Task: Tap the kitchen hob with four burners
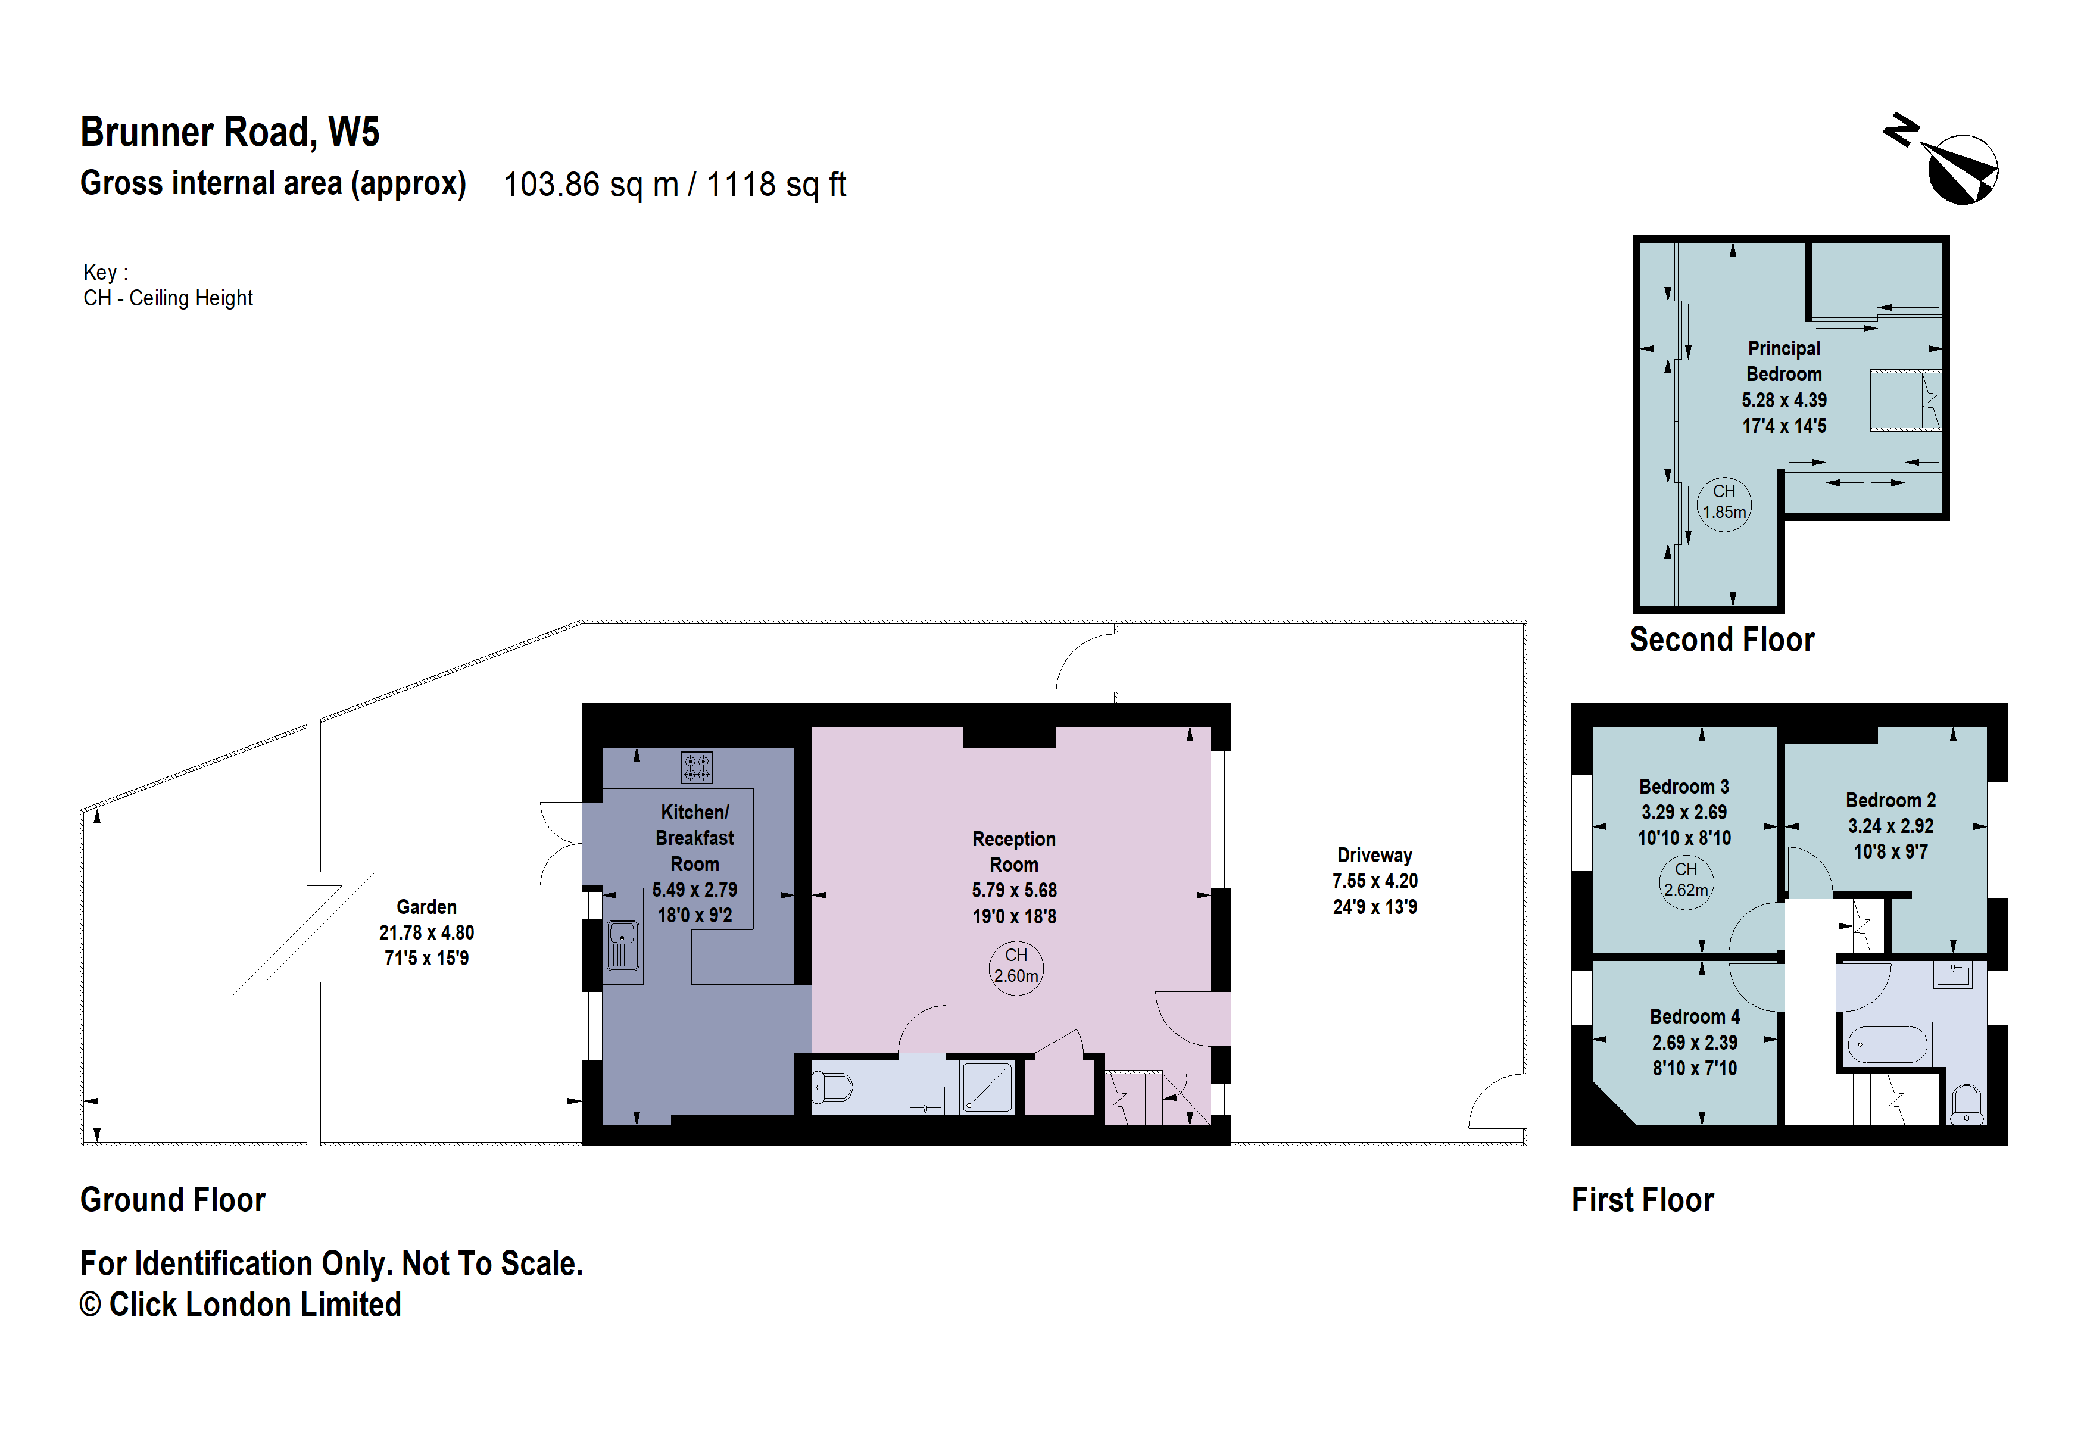pos(697,767)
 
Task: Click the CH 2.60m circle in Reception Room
pos(1015,966)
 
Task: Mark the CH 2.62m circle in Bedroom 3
pos(1685,881)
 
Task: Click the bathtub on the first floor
pos(1886,1044)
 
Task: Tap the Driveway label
pos(1374,855)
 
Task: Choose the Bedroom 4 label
pos(1694,1016)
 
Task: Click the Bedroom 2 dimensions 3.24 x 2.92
pos(1890,826)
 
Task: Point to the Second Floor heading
pos(1722,640)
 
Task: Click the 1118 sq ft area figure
pos(776,185)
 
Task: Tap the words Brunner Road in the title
pos(197,133)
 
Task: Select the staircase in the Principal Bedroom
pos(1904,401)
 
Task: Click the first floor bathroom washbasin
pos(1952,975)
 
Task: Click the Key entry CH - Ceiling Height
pos(168,298)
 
